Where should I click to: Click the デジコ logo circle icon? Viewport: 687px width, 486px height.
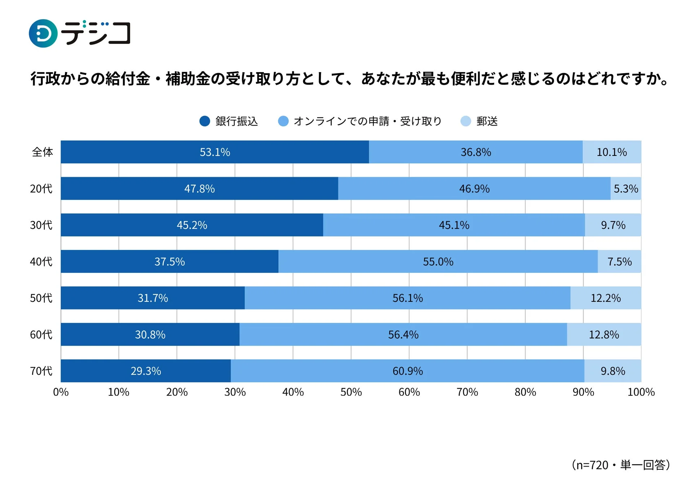(43, 33)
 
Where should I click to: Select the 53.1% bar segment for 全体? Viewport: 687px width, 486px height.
(214, 152)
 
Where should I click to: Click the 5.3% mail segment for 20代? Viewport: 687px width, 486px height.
(625, 189)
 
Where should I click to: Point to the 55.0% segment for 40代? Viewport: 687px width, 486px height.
(438, 261)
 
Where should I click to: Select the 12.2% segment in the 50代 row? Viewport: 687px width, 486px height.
(605, 298)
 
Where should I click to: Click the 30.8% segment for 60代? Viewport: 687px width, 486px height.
(150, 334)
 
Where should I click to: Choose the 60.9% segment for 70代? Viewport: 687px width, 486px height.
(407, 371)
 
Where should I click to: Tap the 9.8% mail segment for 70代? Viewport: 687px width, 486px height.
(612, 371)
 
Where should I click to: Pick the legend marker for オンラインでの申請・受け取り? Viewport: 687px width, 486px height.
(283, 121)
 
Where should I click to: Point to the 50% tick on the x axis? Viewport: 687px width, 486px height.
(351, 392)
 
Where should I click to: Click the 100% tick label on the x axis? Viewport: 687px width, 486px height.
(641, 392)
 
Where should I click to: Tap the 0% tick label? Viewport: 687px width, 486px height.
(61, 392)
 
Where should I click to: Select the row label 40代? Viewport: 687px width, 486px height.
(41, 261)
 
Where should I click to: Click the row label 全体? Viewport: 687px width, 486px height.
(43, 152)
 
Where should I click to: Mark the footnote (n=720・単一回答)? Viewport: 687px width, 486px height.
(621, 465)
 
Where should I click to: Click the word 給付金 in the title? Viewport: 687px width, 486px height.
(128, 79)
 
